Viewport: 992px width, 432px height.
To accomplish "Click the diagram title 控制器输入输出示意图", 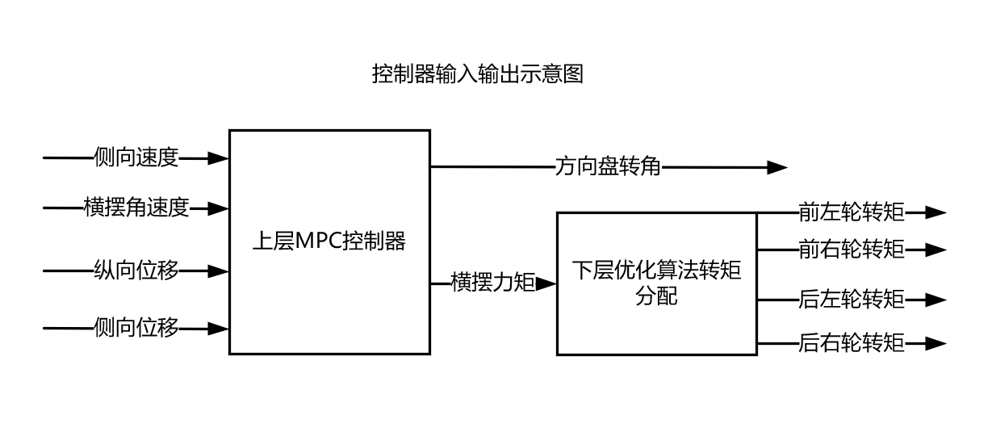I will pyautogui.click(x=477, y=74).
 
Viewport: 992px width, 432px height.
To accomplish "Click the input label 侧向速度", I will pyautogui.click(x=136, y=158).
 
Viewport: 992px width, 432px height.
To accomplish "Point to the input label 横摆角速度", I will pyautogui.click(x=136, y=208).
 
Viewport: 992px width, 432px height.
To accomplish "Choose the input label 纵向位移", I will pyautogui.click(x=136, y=271).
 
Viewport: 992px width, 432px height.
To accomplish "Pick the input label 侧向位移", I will pyautogui.click(x=136, y=329).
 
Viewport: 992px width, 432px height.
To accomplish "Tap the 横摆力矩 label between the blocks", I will pyautogui.click(x=493, y=283).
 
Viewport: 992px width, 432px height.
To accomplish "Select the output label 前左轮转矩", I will pyautogui.click(x=852, y=212).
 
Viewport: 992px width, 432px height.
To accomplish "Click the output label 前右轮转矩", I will pyautogui.click(x=852, y=250).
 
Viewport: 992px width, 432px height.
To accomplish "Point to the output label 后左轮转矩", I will pyautogui.click(x=852, y=300).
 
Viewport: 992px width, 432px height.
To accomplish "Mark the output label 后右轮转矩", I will pyautogui.click(x=852, y=343).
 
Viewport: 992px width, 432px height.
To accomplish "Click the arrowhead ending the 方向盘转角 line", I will pyautogui.click(x=777, y=167).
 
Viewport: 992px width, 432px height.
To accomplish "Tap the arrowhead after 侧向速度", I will pyautogui.click(x=219, y=158).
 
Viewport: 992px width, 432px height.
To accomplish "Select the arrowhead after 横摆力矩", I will pyautogui.click(x=546, y=283).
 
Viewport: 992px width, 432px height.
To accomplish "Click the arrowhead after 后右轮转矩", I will pyautogui.click(x=936, y=343).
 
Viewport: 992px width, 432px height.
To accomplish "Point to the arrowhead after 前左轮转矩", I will pyautogui.click(x=936, y=212).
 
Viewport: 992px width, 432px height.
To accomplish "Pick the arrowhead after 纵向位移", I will pyautogui.click(x=219, y=271).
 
